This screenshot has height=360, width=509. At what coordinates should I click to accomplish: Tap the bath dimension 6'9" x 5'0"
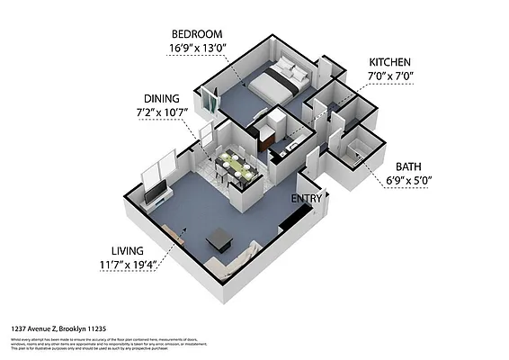click(x=409, y=179)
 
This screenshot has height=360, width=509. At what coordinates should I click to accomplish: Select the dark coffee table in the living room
click(x=219, y=239)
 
